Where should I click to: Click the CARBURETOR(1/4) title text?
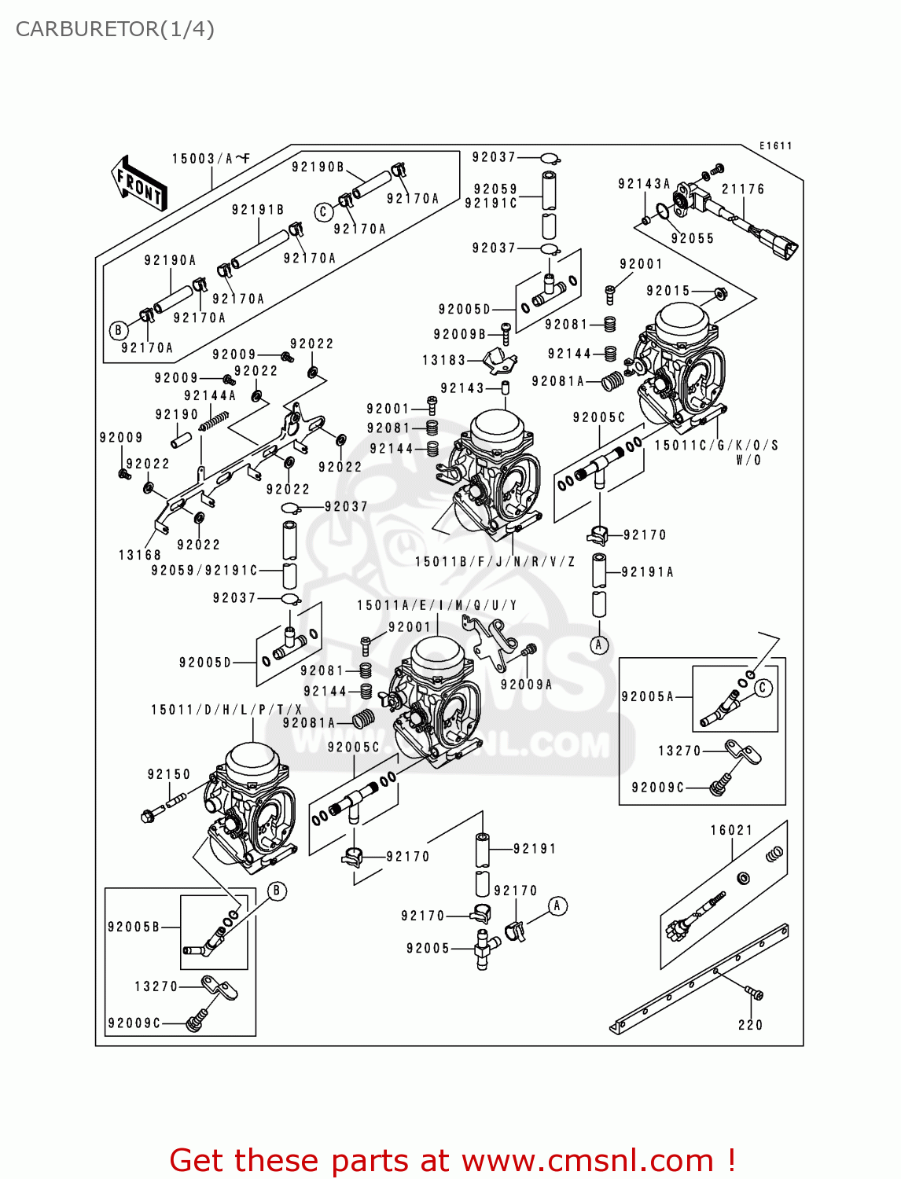(x=115, y=29)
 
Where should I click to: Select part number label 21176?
(x=742, y=189)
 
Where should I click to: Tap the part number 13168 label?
(x=140, y=555)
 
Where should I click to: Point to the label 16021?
(x=731, y=830)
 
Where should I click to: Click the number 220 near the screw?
(x=750, y=1025)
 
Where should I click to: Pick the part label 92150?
(x=169, y=774)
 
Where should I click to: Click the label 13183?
(x=443, y=360)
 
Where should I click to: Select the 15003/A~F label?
(x=211, y=159)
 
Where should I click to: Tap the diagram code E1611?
(x=775, y=145)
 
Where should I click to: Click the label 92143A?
(x=644, y=184)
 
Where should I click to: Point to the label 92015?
(x=667, y=291)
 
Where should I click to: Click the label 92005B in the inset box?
(x=134, y=927)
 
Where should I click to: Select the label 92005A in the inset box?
(x=647, y=696)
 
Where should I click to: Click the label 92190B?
(x=318, y=167)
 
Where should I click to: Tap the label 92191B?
(x=258, y=210)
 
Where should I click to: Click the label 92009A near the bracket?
(x=526, y=685)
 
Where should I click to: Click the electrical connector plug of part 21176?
(x=784, y=246)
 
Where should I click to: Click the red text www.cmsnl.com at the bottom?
(x=587, y=1160)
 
